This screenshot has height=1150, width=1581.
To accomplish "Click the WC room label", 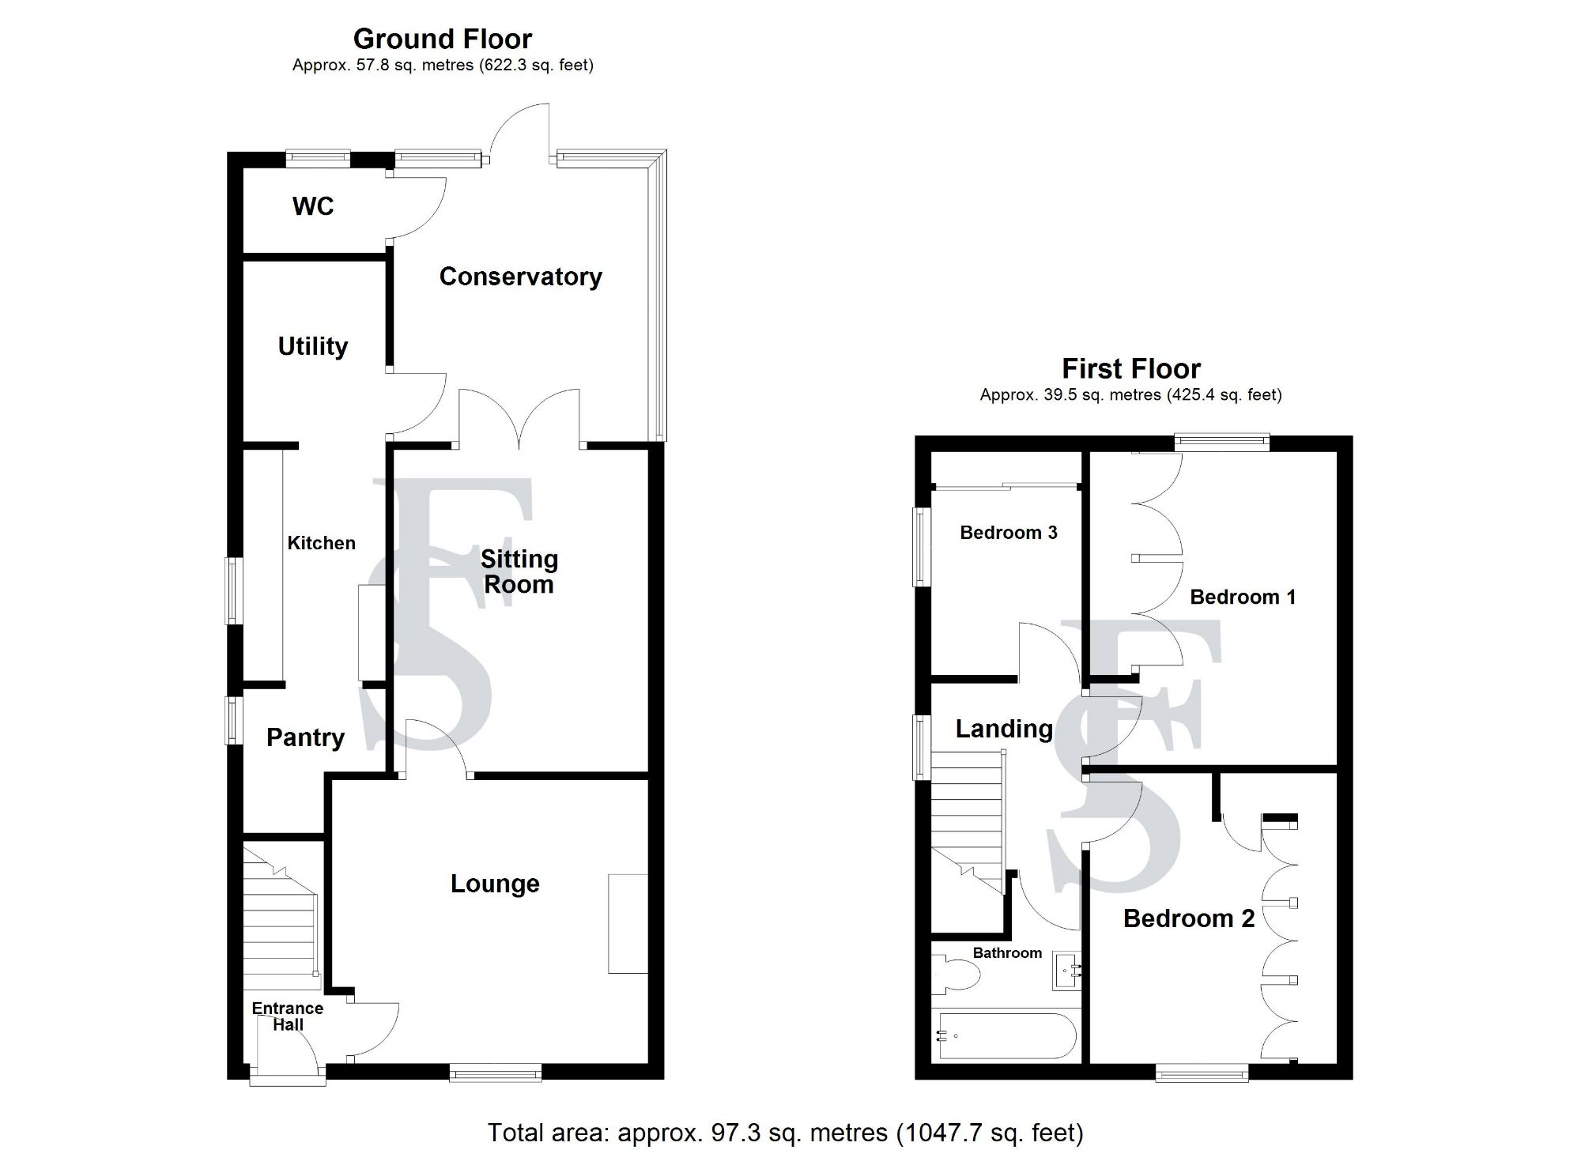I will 313,206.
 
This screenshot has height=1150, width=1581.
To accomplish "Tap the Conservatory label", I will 520,277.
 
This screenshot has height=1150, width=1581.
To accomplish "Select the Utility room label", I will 313,346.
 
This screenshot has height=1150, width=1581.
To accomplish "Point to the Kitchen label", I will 321,543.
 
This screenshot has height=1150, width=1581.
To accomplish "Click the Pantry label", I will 305,737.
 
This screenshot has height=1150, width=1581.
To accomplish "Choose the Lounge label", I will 495,884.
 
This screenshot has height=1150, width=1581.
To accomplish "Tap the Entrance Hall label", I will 288,1016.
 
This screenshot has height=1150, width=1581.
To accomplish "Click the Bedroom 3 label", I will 1009,533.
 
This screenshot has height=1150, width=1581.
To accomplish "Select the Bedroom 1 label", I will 1243,597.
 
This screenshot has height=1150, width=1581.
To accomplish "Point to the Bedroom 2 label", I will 1189,918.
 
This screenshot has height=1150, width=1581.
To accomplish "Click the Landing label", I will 1004,729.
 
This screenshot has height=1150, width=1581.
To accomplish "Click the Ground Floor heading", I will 443,39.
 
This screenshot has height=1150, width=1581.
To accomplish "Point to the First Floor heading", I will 1131,368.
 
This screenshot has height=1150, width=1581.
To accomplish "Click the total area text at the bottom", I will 785,1133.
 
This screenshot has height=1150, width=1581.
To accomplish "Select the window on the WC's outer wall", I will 318,159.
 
